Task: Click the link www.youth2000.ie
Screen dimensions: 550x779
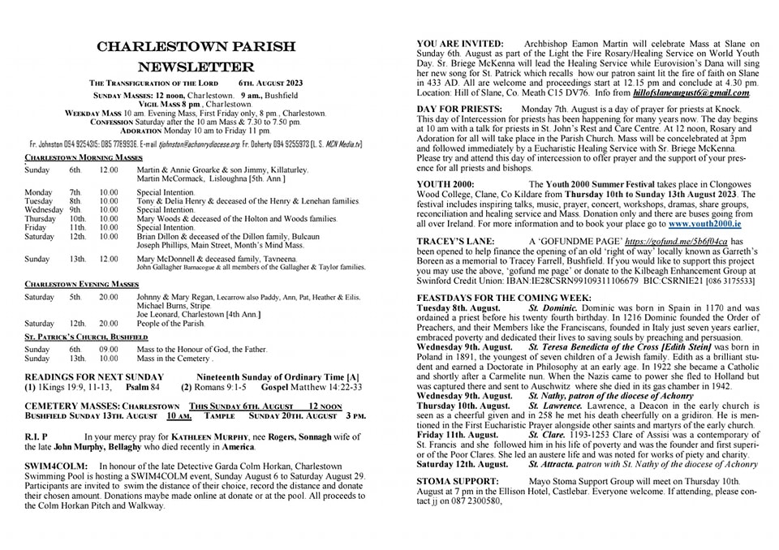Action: point(704,221)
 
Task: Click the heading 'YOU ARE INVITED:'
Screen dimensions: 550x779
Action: point(459,43)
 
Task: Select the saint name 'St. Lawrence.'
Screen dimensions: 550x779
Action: point(557,405)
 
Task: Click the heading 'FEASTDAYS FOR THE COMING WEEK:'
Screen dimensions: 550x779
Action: point(498,298)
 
